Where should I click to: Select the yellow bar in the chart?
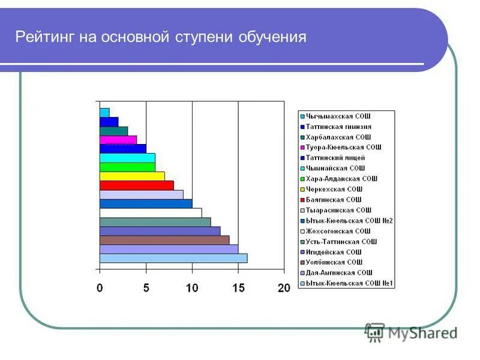tap(132, 176)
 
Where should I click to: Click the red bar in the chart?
tap(137, 185)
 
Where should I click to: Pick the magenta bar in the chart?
tap(118, 140)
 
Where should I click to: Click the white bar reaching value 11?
tap(150, 212)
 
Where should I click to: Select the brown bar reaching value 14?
tap(164, 240)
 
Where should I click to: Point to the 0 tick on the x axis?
tap(100, 288)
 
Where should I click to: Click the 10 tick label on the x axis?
tap(192, 288)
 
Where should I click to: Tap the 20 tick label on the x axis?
tap(284, 288)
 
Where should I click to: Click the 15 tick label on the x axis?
tap(238, 288)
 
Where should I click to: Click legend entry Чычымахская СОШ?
tap(338, 115)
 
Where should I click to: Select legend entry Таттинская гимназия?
tap(338, 126)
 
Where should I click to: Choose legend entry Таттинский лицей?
tap(335, 157)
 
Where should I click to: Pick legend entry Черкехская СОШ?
tap(334, 189)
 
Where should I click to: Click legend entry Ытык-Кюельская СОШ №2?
tap(349, 220)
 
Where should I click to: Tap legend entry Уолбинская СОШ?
tap(334, 262)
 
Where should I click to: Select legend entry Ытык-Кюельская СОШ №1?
tap(349, 283)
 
